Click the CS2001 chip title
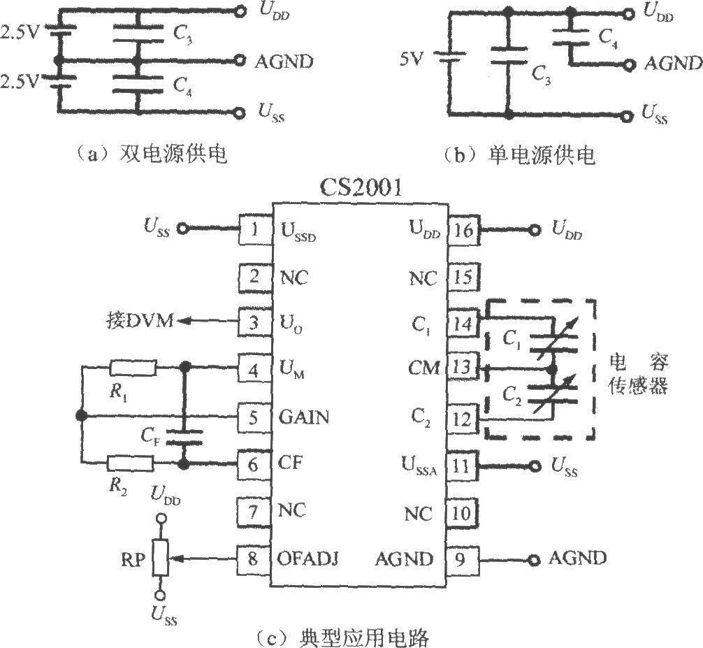tap(361, 187)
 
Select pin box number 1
tap(254, 229)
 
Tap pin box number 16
tap(463, 230)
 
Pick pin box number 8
tap(252, 559)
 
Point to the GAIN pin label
tap(304, 417)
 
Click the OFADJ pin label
tap(307, 559)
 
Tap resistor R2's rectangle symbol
tap(130, 463)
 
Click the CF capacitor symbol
tap(184, 437)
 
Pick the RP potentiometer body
tap(160, 557)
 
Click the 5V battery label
tap(411, 59)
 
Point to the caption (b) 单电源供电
tap(519, 154)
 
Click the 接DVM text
tap(140, 321)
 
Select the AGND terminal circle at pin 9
tap(533, 560)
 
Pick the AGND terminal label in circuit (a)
tap(284, 62)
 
